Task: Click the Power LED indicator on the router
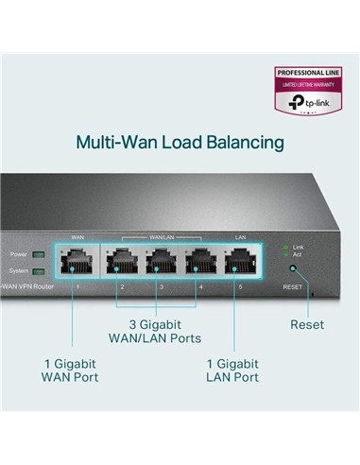(x=38, y=254)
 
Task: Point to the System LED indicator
(x=38, y=271)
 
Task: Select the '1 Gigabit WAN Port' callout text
(x=71, y=370)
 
